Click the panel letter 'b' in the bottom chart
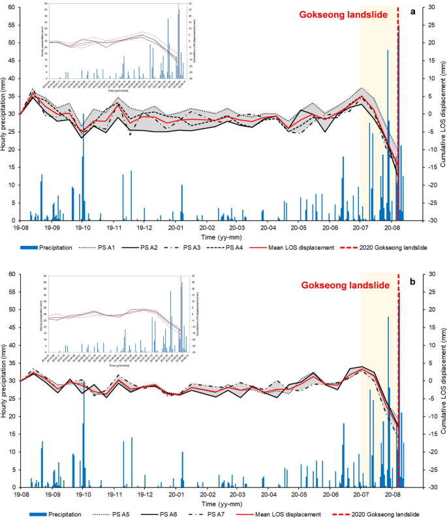coord(412,282)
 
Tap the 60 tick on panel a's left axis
coord(12,7)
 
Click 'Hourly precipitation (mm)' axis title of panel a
coord(4,114)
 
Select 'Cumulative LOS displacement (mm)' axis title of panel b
coord(442,380)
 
